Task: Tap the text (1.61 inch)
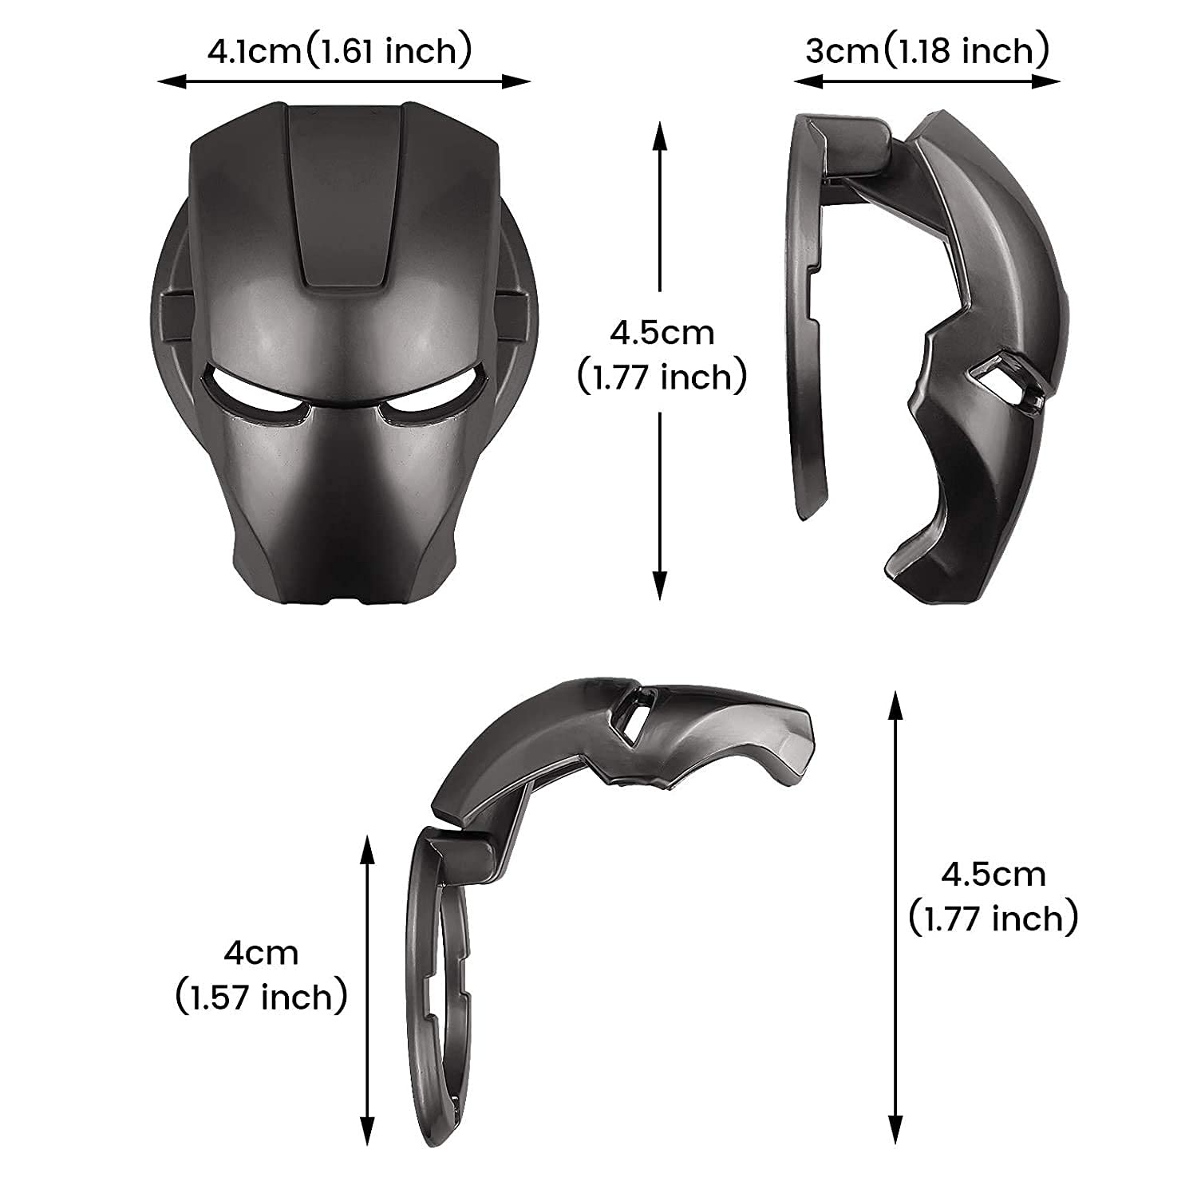(389, 52)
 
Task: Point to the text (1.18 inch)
(965, 52)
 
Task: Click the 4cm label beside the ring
(262, 953)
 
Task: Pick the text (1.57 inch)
(262, 997)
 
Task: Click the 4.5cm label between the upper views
(662, 332)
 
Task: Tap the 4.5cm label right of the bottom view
(994, 875)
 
